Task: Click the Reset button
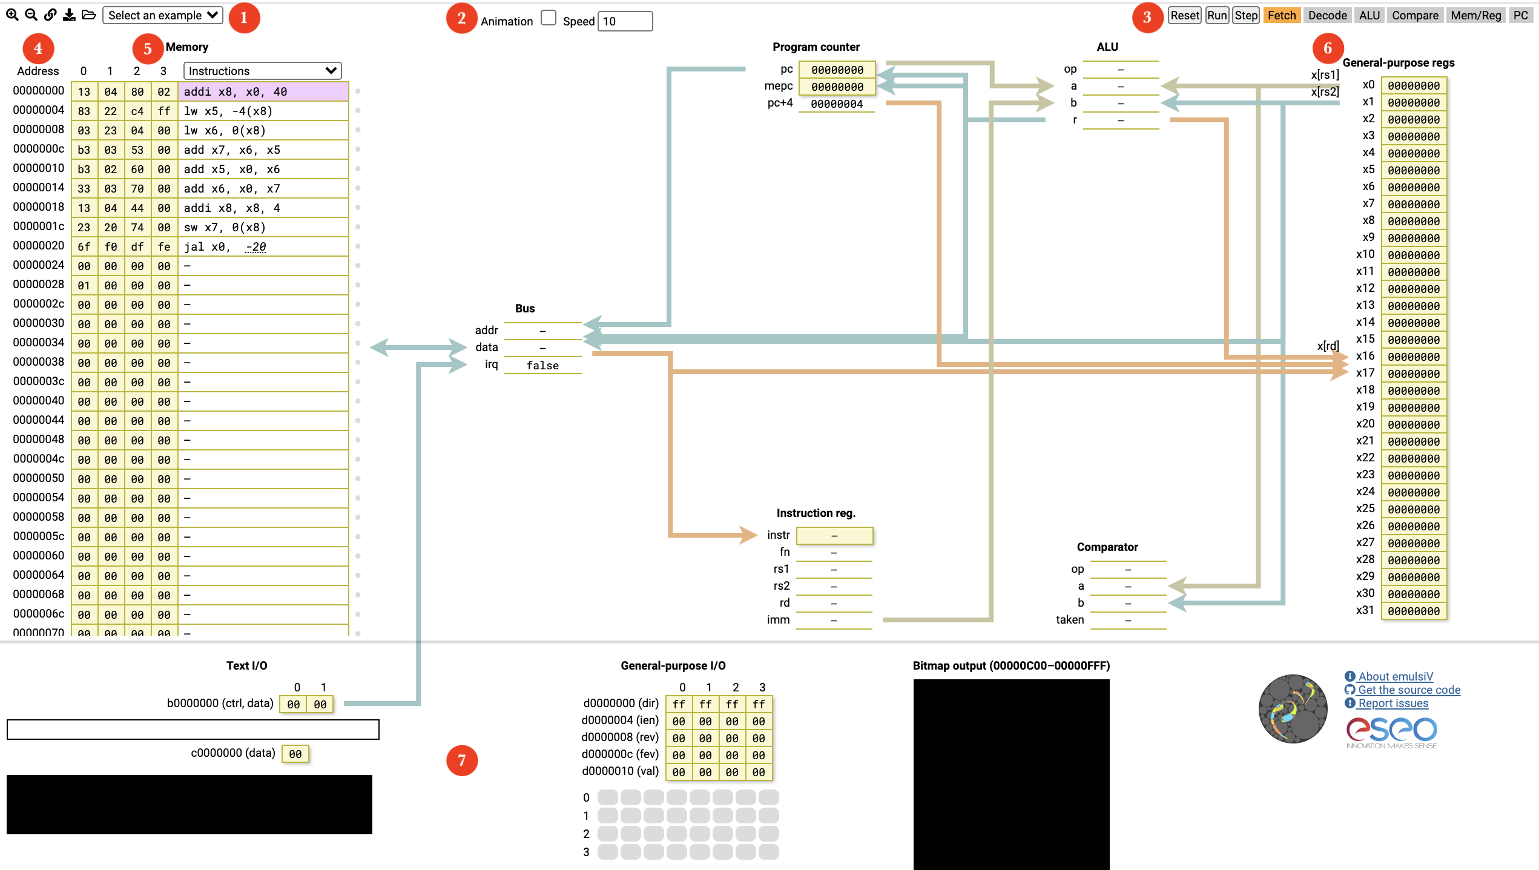[x=1184, y=15]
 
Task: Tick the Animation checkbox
[x=549, y=18]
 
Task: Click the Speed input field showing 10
[x=625, y=21]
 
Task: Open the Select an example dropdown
[x=163, y=15]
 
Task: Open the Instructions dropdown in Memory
[x=262, y=71]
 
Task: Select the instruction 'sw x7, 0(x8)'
[x=225, y=227]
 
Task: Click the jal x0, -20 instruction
[x=225, y=246]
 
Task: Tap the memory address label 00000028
[x=39, y=284]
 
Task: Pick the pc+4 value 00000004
[x=837, y=104]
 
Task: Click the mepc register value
[x=837, y=87]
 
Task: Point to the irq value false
[x=542, y=365]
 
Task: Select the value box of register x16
[x=1414, y=357]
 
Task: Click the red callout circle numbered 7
[x=462, y=760]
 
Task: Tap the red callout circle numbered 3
[x=1147, y=17]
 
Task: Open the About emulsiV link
[x=1395, y=676]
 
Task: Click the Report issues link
[x=1392, y=703]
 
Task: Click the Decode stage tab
[x=1327, y=15]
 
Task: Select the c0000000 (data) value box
[x=295, y=754]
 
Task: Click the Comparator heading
[x=1107, y=547]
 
